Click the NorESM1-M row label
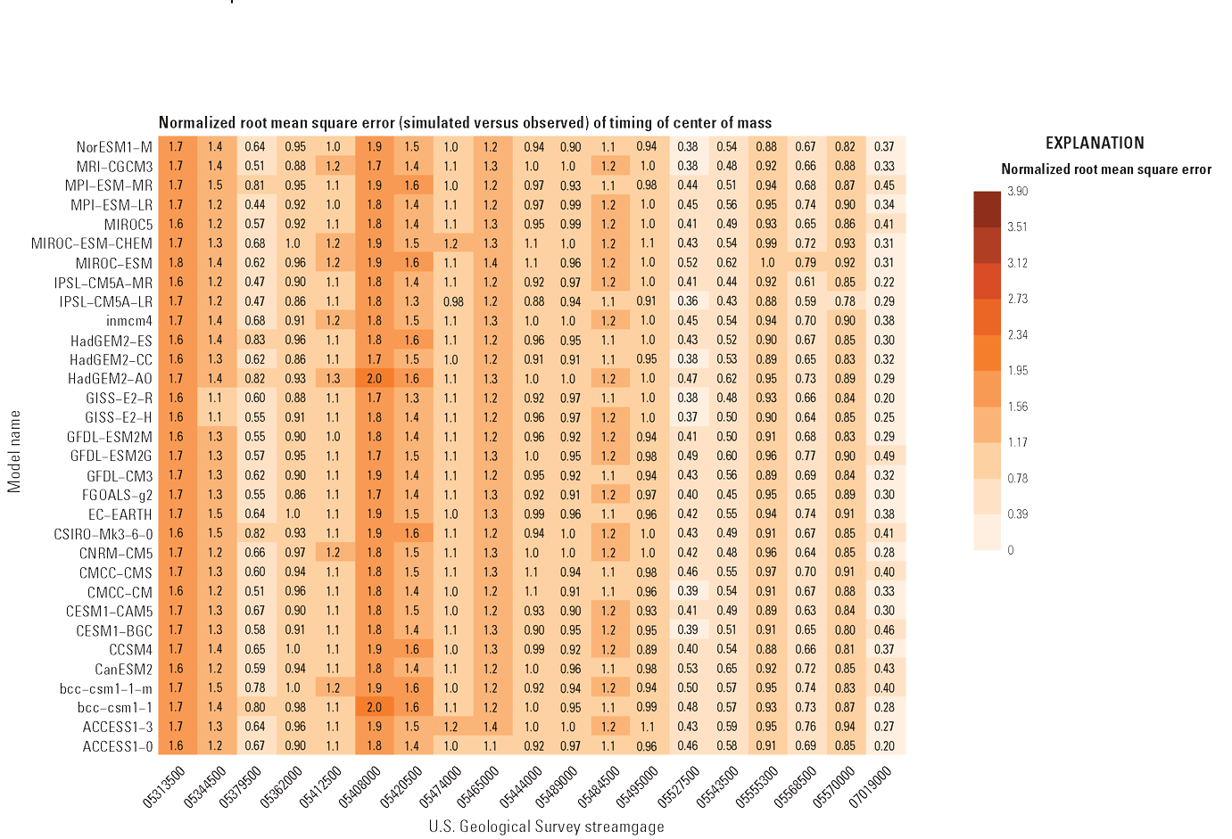114,147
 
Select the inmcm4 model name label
129,321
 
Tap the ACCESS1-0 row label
118,746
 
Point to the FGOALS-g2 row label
118,495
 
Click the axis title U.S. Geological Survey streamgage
546,827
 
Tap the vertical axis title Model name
14,451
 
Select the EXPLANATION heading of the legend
1094,144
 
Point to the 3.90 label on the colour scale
1017,192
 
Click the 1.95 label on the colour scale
1017,371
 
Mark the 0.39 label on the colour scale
1017,514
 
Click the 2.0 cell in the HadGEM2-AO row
374,379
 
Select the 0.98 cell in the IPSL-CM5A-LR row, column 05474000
452,301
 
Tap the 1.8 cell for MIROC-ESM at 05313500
176,263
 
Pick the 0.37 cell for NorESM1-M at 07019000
884,147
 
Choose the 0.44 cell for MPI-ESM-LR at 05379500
255,205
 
